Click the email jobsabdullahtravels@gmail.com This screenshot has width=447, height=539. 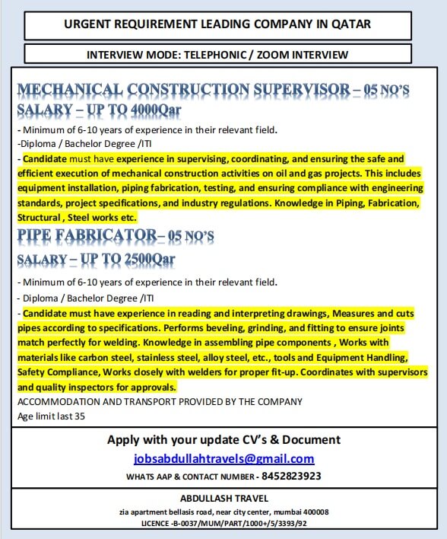coord(223,458)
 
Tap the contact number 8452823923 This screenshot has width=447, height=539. coord(291,476)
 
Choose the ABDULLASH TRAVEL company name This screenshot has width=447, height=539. coord(223,499)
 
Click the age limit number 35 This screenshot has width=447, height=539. coord(80,416)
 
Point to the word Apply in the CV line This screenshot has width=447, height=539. coord(124,439)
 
